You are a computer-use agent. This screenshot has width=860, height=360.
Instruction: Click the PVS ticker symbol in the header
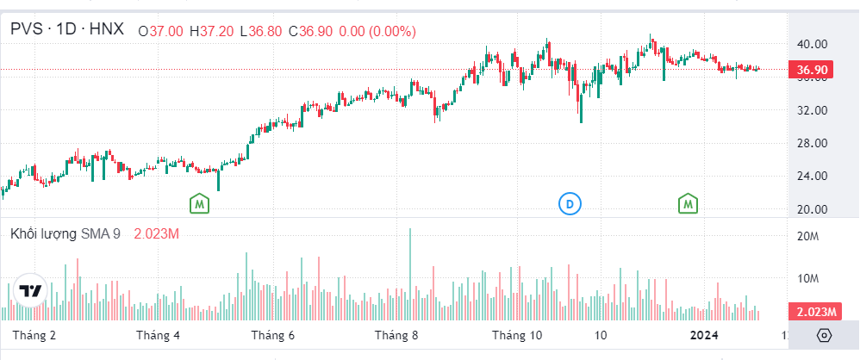point(27,30)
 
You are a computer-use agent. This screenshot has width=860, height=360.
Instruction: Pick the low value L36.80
point(263,31)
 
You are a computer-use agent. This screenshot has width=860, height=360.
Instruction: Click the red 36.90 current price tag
point(813,70)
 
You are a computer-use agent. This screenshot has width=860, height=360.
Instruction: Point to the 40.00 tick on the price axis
point(812,44)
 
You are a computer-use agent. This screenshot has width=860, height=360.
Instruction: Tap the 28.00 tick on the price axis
point(812,143)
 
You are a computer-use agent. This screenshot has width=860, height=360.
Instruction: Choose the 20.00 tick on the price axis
point(812,209)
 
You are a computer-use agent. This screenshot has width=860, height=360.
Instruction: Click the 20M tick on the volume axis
point(807,236)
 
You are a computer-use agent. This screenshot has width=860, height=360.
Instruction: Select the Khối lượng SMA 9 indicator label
point(65,234)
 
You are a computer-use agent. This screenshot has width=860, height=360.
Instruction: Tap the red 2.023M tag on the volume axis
point(813,311)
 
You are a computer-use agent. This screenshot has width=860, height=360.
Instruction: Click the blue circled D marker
point(569,204)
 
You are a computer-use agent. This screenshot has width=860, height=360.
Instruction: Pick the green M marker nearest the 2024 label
point(688,204)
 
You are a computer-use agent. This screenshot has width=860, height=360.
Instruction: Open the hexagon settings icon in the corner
point(824,336)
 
